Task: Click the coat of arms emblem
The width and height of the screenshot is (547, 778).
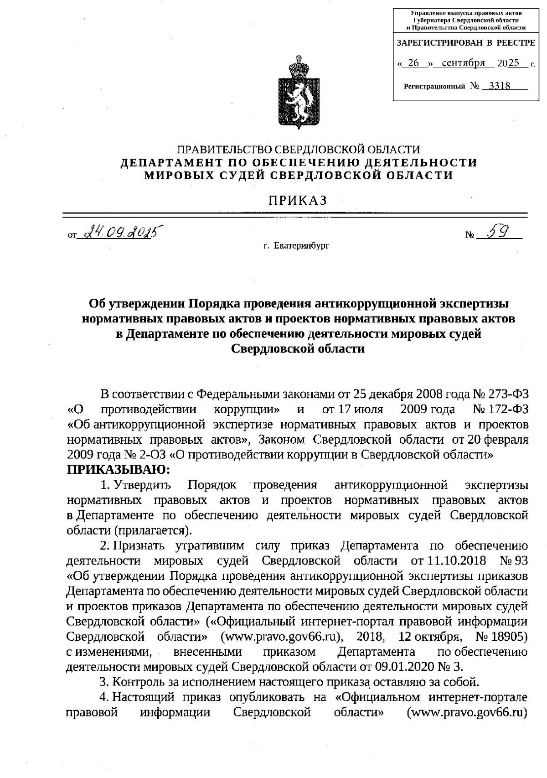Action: coord(297,93)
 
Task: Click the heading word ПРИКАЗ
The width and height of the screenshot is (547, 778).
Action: coord(297,200)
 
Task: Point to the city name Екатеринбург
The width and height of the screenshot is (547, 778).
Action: coord(301,246)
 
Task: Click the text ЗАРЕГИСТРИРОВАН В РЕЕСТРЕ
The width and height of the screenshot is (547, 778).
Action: coord(466,43)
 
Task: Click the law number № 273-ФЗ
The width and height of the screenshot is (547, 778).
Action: coord(501,393)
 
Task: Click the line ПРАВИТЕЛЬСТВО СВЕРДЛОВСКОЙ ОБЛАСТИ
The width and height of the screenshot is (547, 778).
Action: coord(299,150)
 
